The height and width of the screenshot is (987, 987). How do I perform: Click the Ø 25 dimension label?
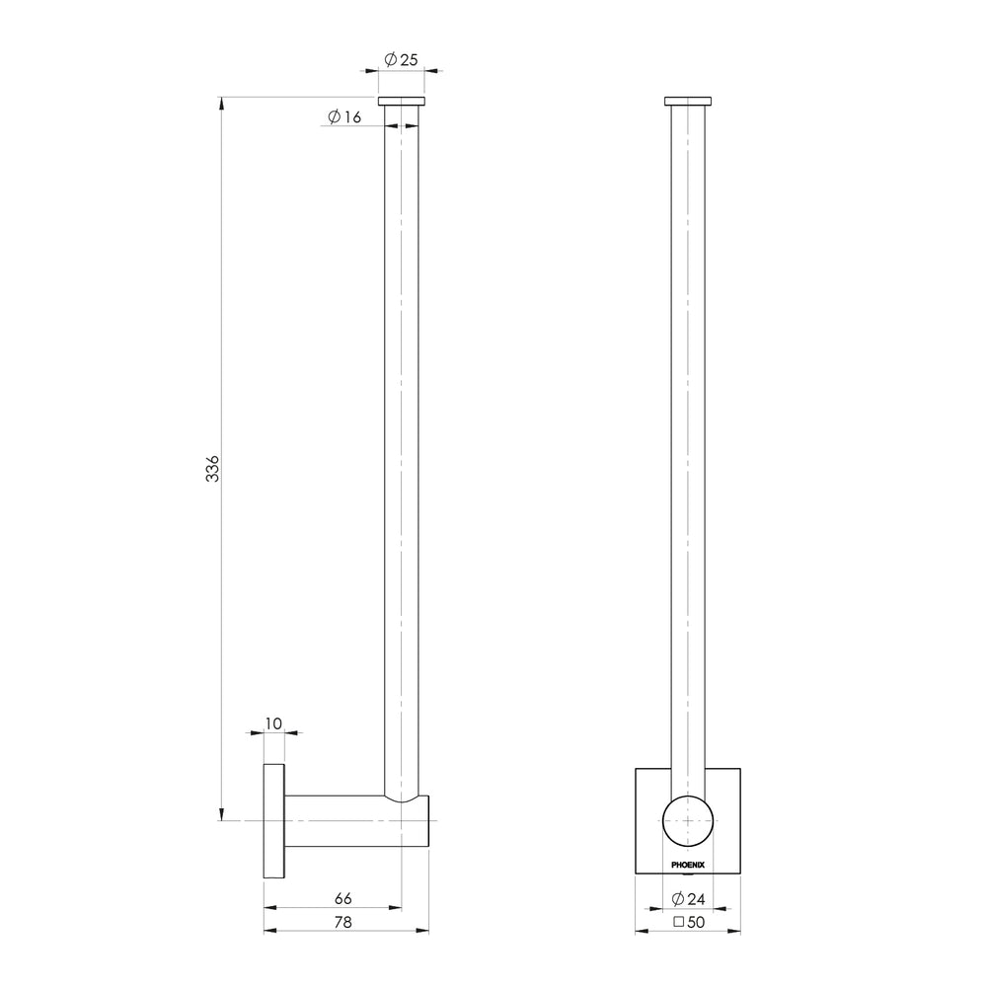point(401,60)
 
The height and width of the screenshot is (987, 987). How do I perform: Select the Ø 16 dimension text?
point(344,116)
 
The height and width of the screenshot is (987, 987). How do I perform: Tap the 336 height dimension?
point(213,468)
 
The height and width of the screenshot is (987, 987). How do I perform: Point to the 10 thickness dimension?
point(273,723)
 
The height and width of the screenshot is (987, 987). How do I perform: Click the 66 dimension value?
point(343,898)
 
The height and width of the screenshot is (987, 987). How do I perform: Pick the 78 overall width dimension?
point(343,922)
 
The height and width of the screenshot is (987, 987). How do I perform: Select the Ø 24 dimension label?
point(688,899)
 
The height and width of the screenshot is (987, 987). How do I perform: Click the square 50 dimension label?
point(689,922)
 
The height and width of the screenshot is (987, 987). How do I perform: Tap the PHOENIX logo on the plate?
point(688,865)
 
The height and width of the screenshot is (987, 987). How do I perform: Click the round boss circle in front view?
point(688,796)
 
